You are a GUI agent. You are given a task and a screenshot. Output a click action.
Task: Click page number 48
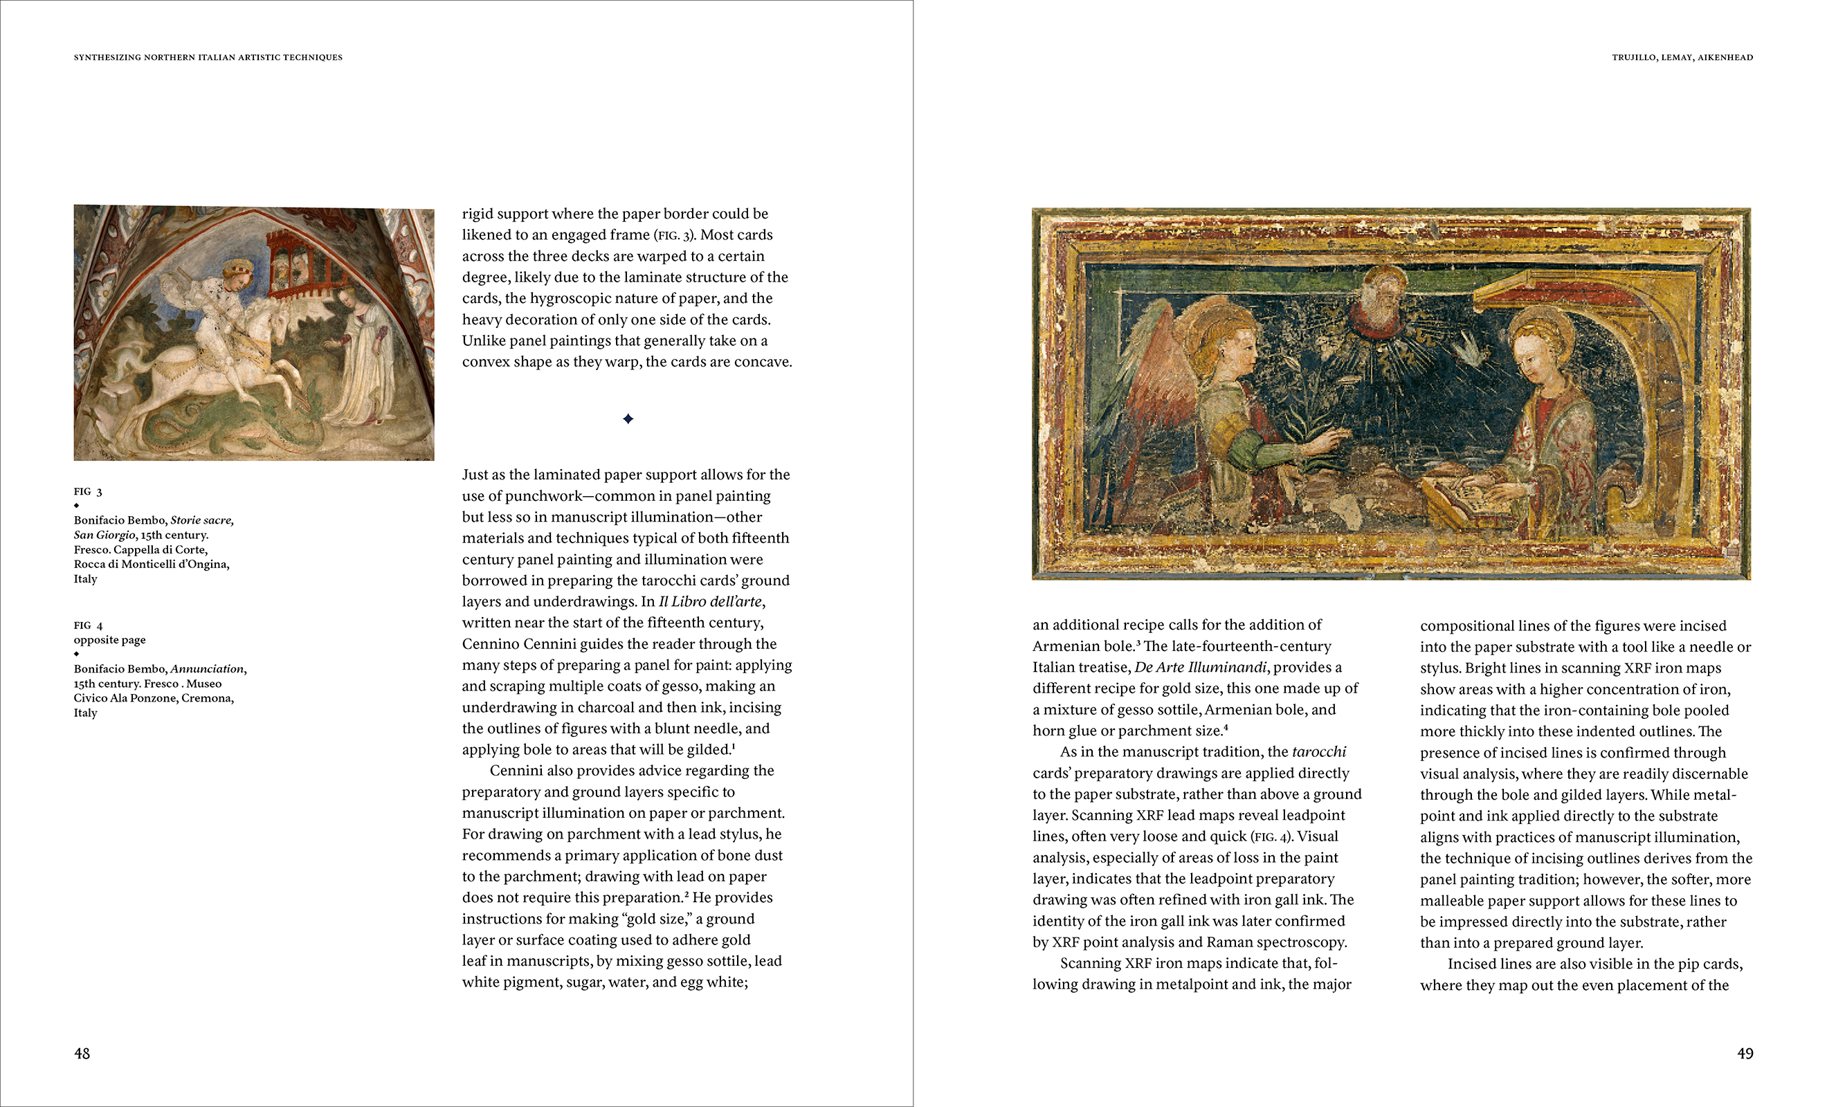pos(82,1054)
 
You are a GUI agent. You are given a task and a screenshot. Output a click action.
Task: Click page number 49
pos(1745,1054)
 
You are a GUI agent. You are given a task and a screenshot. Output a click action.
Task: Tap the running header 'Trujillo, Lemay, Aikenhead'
pos(1682,57)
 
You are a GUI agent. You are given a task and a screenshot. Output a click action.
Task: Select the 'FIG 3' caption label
pos(87,492)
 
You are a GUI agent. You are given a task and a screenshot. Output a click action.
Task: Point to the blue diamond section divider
pos(628,419)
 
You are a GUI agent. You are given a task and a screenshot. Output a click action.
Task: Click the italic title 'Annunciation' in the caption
pos(207,669)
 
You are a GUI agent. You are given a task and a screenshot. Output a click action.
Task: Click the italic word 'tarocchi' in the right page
pos(1318,752)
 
